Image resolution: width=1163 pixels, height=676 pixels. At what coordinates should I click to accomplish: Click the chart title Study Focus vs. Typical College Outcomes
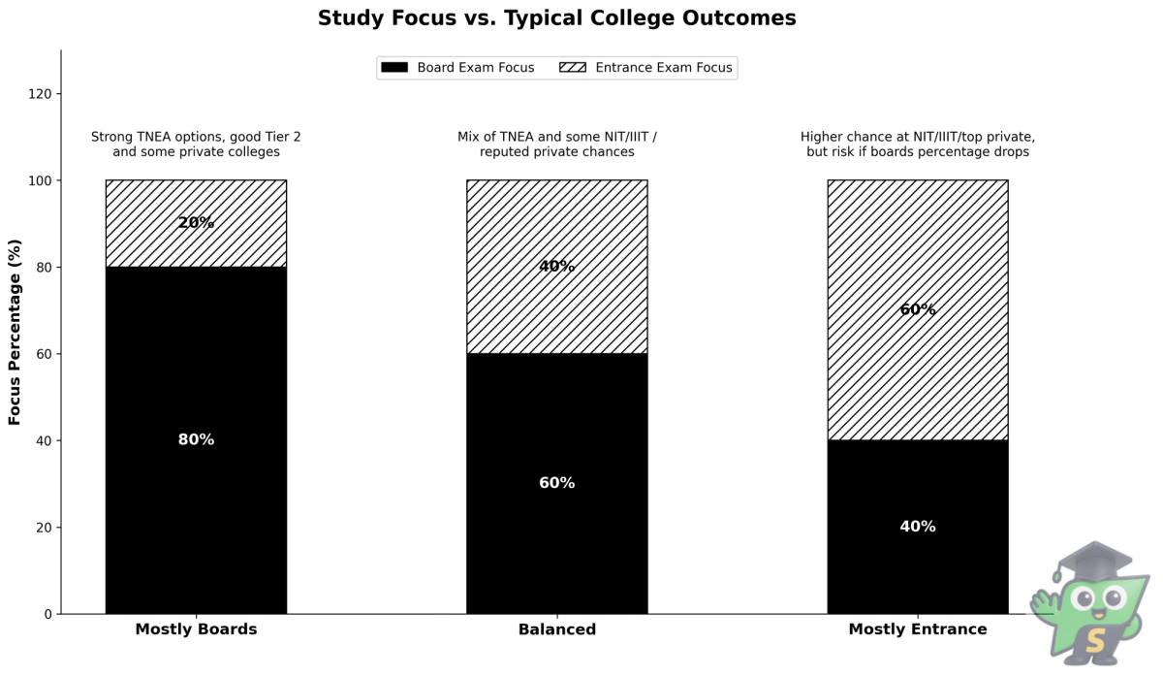point(556,18)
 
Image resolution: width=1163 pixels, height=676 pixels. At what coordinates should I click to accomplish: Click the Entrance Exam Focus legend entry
point(646,68)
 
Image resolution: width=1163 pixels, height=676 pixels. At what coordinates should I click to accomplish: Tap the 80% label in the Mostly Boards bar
point(196,440)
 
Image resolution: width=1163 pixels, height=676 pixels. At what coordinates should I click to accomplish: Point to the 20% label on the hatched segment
point(196,223)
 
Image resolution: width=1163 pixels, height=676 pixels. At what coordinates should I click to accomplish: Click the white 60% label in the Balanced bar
point(556,483)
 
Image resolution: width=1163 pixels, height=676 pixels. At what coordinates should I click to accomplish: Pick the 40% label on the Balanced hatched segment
point(556,267)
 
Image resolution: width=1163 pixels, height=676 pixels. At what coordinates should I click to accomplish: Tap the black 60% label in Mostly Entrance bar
point(917,310)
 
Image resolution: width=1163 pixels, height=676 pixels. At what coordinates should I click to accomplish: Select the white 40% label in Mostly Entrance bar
point(917,527)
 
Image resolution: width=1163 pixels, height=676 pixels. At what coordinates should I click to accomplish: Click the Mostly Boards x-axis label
point(196,629)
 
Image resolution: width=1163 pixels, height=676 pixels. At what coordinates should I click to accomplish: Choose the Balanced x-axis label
point(556,629)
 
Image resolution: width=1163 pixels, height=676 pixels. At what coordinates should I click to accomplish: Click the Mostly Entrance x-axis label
point(917,629)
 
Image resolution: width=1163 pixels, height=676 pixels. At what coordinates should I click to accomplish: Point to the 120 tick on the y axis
point(42,94)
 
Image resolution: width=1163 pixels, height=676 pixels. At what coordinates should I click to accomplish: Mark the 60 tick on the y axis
point(45,354)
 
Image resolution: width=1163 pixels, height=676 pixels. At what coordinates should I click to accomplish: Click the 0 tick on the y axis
point(48,614)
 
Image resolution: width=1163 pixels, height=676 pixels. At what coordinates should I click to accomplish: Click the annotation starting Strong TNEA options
point(196,145)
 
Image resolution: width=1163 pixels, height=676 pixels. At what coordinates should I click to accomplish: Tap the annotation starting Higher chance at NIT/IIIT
point(917,145)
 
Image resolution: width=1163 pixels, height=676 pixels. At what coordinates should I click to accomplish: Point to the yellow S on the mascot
point(1095,641)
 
